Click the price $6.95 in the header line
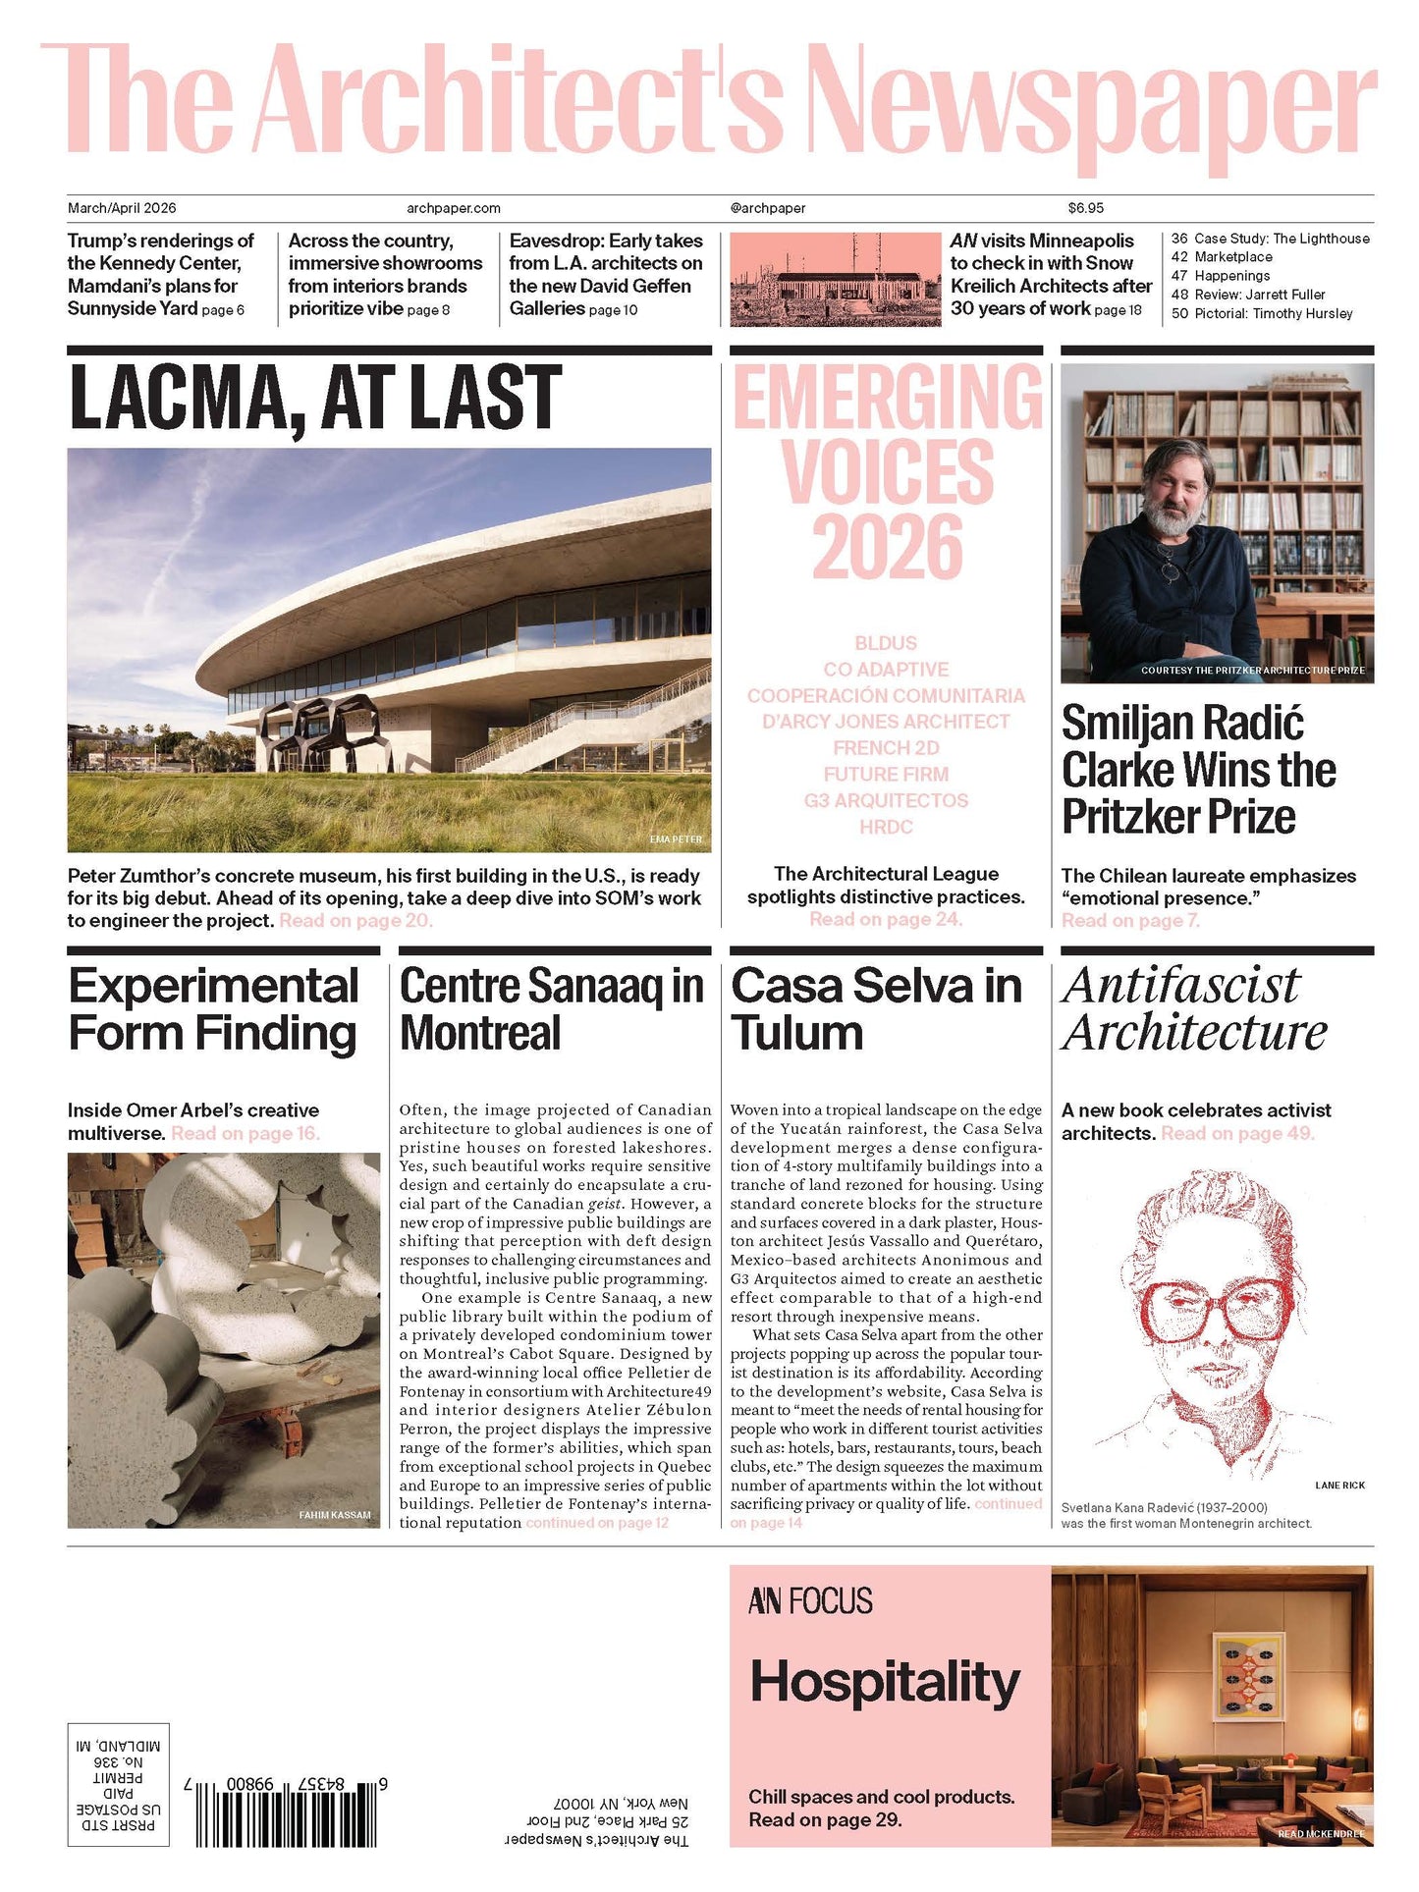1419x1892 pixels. pos(1085,208)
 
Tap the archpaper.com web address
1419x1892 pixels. pos(453,208)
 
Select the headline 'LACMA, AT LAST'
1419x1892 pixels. pos(315,398)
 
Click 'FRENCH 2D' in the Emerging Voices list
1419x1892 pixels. pos(886,748)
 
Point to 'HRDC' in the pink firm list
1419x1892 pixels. pos(886,827)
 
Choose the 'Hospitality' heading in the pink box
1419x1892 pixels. pos(885,1682)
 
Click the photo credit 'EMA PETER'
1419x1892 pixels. pos(676,839)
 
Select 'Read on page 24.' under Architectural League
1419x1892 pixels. pos(886,920)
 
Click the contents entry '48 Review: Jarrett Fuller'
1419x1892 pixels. pos(1247,295)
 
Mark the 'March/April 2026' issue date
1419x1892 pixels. pos(122,208)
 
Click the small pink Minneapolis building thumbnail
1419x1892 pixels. pos(835,279)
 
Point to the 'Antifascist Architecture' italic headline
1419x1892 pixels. pos(1193,1008)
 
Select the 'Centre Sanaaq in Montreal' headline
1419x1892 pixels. pos(551,1008)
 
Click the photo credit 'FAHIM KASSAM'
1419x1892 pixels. pos(335,1515)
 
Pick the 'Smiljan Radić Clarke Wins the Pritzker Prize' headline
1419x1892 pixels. pos(1198,770)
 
